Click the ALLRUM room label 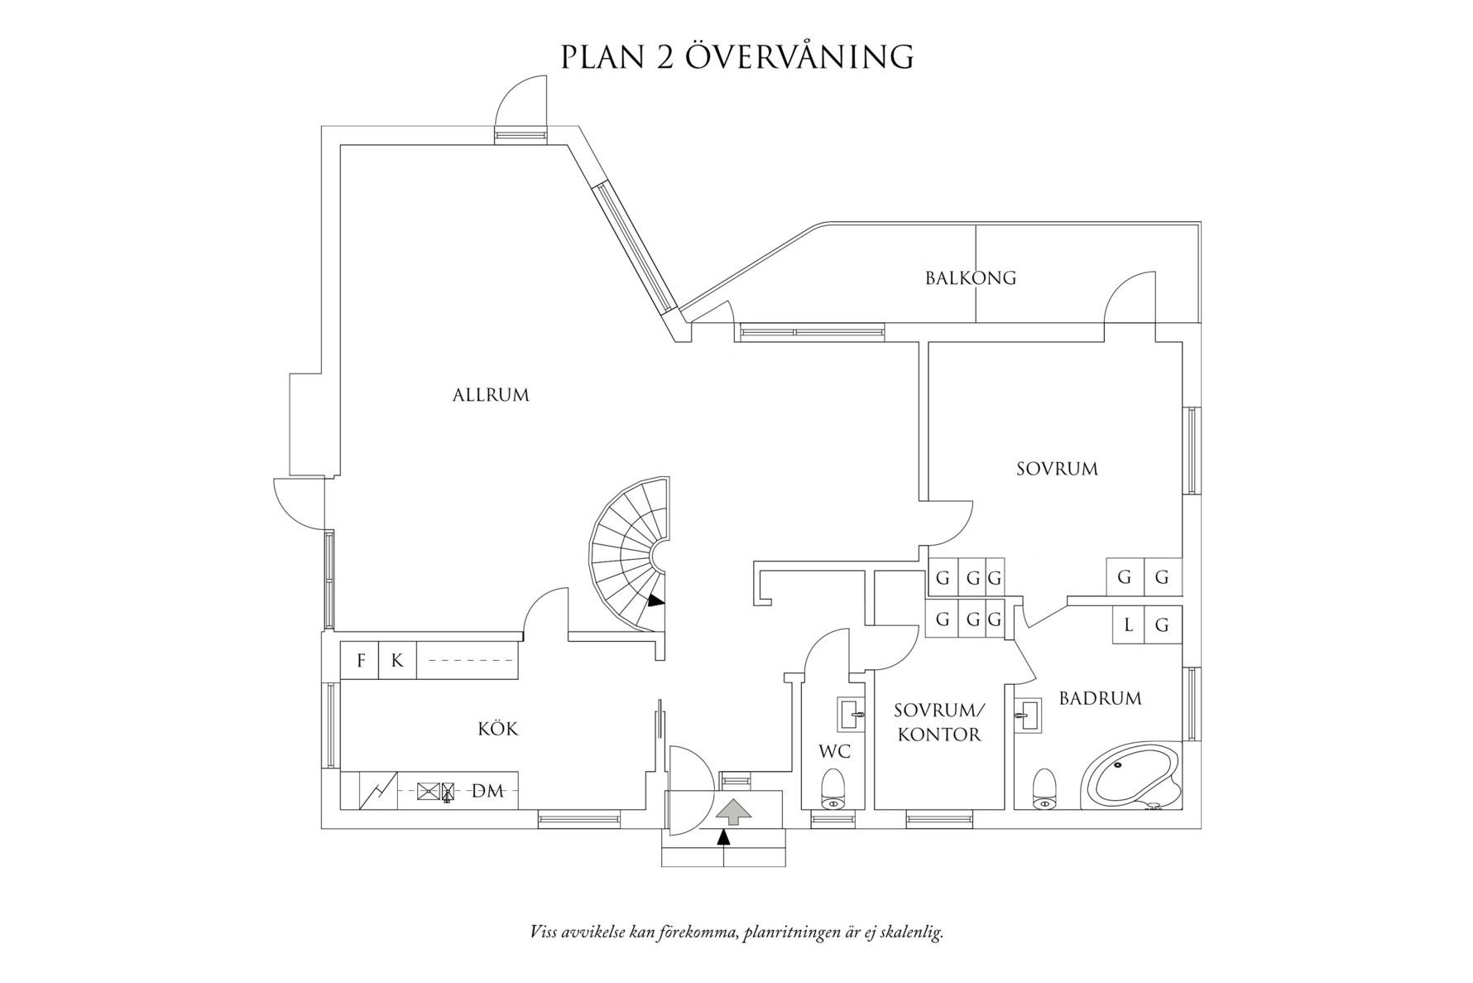tap(491, 395)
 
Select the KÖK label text tap(498, 729)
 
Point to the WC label tap(834, 752)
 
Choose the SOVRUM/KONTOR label tap(939, 722)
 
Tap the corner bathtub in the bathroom tap(1130, 774)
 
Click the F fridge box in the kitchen tap(361, 661)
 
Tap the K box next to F tap(397, 661)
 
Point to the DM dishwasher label tap(488, 791)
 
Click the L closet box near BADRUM tap(1128, 625)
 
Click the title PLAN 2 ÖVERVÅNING tap(736, 57)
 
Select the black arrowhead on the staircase tap(655, 600)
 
